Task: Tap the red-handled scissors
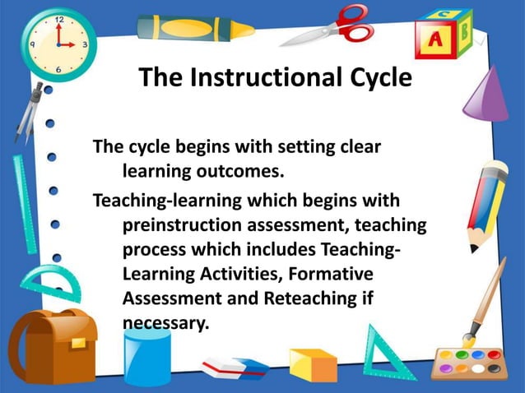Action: [332, 26]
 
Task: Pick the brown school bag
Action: [52, 345]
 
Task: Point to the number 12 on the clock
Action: [58, 17]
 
